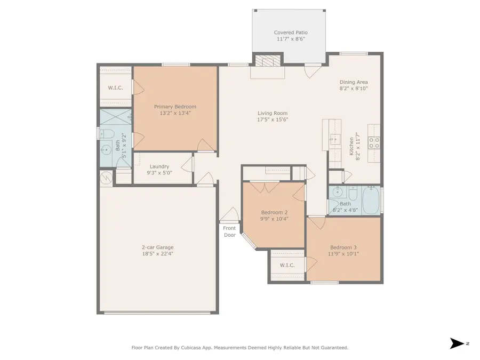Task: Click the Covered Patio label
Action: pyautogui.click(x=291, y=33)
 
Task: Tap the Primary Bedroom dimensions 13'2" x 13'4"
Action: pyautogui.click(x=175, y=113)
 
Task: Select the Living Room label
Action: pyautogui.click(x=273, y=113)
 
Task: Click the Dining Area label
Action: pyautogui.click(x=354, y=82)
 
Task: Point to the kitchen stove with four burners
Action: pyautogui.click(x=374, y=142)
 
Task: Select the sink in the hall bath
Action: pyautogui.click(x=336, y=193)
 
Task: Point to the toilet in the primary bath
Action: pyautogui.click(x=105, y=133)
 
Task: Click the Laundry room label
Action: pyautogui.click(x=159, y=166)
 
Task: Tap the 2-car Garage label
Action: pyautogui.click(x=157, y=247)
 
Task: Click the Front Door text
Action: pyautogui.click(x=229, y=231)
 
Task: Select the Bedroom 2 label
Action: pyautogui.click(x=274, y=212)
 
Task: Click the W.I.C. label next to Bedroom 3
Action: pyautogui.click(x=287, y=265)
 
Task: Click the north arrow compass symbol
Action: pyautogui.click(x=457, y=343)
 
